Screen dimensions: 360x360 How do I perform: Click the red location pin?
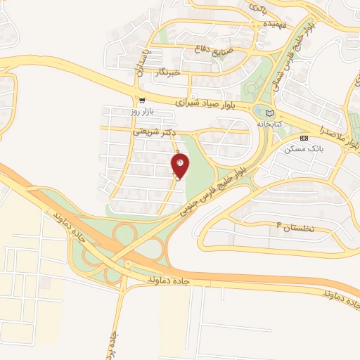(x=180, y=165)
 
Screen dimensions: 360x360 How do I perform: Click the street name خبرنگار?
(x=167, y=71)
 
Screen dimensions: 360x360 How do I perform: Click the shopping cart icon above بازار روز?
(x=142, y=101)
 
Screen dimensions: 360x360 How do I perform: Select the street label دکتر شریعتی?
(x=153, y=131)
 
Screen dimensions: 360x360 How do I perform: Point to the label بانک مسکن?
(x=304, y=148)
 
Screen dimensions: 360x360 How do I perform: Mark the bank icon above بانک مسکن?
(x=304, y=138)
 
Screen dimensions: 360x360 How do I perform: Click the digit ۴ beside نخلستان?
(x=279, y=225)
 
